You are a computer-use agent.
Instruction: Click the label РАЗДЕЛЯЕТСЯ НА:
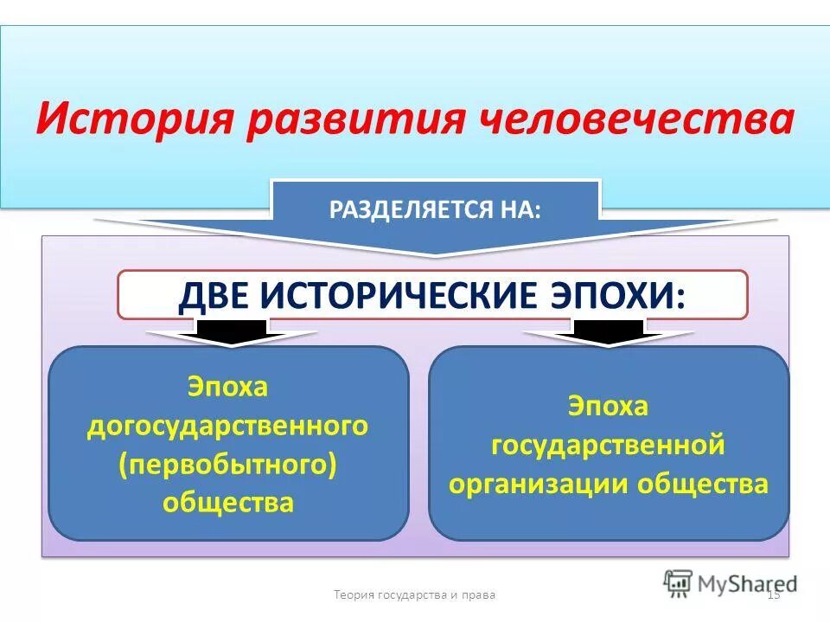coord(435,210)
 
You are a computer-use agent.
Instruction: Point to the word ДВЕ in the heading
coord(213,296)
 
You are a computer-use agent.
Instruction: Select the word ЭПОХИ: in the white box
coord(623,296)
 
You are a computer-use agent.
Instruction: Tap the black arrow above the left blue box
coord(231,331)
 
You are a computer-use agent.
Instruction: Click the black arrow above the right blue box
coord(609,331)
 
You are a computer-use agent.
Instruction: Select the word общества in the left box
coord(228,502)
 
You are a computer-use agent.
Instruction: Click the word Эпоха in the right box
coord(608,406)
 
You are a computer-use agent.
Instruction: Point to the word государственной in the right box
coord(608,445)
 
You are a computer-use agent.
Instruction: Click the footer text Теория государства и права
coord(415,594)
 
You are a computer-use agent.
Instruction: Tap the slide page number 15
coord(774,594)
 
